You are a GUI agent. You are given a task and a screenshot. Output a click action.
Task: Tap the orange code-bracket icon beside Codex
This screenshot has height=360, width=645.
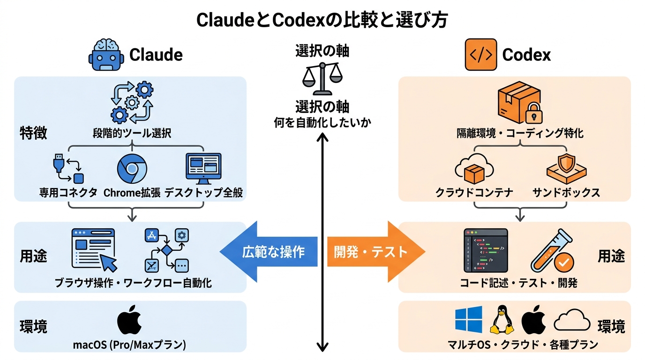click(480, 54)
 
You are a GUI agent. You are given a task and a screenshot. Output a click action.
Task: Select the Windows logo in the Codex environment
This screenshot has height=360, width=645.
click(468, 320)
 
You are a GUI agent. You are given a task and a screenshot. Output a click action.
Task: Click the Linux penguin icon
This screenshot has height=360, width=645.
click(502, 320)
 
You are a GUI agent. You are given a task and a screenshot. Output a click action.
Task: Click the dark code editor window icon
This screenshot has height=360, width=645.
click(486, 250)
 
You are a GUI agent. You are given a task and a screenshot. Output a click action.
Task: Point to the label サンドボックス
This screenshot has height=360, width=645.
click(566, 193)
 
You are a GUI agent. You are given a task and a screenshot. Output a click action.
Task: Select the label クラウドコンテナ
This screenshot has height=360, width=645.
click(474, 193)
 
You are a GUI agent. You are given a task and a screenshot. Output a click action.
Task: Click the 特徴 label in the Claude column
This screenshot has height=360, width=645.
click(33, 133)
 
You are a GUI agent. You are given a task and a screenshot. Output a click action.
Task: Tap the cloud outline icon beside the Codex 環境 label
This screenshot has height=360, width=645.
click(572, 321)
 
